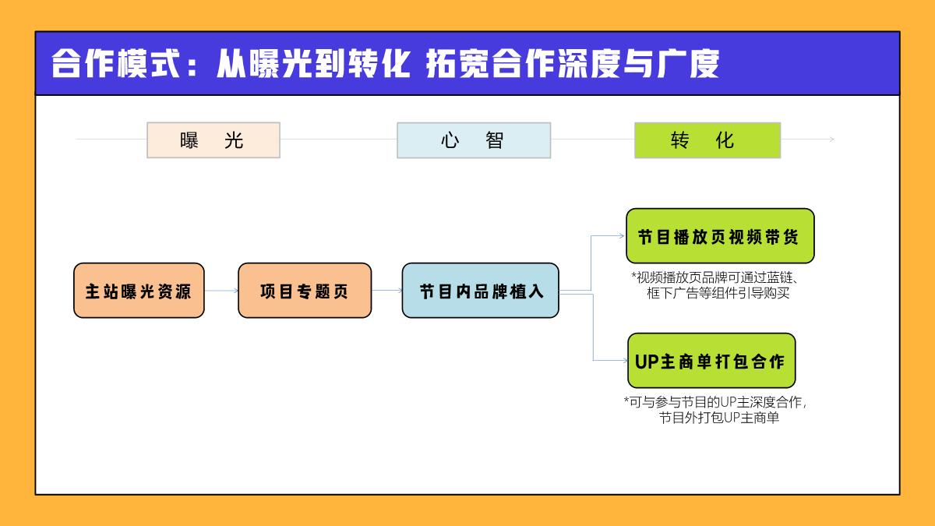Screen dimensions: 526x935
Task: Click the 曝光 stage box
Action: (x=213, y=140)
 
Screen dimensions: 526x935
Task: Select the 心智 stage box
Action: (x=473, y=140)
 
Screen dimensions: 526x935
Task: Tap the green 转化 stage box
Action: (x=707, y=140)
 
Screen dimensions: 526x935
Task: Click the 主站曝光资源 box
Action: (x=139, y=291)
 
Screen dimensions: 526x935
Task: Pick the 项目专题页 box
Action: (x=305, y=291)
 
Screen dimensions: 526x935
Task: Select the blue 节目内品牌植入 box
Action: (x=480, y=291)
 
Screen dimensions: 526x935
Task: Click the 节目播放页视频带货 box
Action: (x=719, y=236)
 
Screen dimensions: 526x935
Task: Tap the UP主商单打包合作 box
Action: (x=711, y=361)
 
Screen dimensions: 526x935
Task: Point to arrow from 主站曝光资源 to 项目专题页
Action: (x=221, y=291)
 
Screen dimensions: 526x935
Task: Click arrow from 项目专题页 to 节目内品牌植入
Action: (x=387, y=291)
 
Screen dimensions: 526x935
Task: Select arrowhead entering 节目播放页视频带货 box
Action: (x=622, y=235)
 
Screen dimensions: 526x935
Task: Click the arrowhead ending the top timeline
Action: (x=831, y=139)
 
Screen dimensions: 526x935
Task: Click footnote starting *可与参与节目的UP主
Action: (x=714, y=410)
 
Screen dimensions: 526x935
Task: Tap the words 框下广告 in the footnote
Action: (x=674, y=294)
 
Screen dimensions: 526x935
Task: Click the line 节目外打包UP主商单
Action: (x=718, y=418)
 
